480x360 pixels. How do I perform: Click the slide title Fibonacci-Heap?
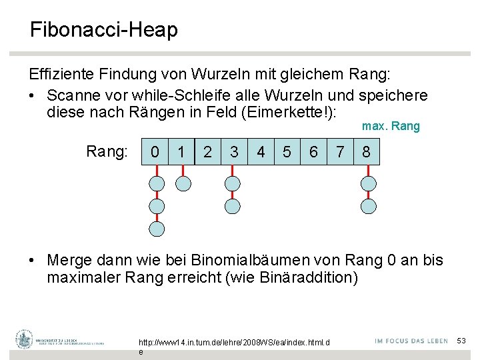point(103,30)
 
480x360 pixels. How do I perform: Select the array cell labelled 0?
point(155,152)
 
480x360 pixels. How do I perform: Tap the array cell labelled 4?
point(261,152)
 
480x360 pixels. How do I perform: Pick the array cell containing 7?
point(340,152)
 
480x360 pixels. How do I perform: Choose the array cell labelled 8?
point(366,152)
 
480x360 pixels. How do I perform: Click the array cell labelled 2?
point(207,152)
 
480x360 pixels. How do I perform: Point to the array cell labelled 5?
point(287,152)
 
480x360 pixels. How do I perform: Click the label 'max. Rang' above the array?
point(391,126)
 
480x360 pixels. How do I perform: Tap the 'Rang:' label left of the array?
point(107,152)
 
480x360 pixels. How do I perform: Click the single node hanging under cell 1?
point(182,183)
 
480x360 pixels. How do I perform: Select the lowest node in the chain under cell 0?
point(156,229)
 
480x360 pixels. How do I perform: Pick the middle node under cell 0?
point(156,206)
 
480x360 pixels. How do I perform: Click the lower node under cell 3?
point(233,206)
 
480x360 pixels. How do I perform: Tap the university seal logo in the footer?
point(25,339)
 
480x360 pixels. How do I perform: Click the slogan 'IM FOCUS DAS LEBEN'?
point(411,341)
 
